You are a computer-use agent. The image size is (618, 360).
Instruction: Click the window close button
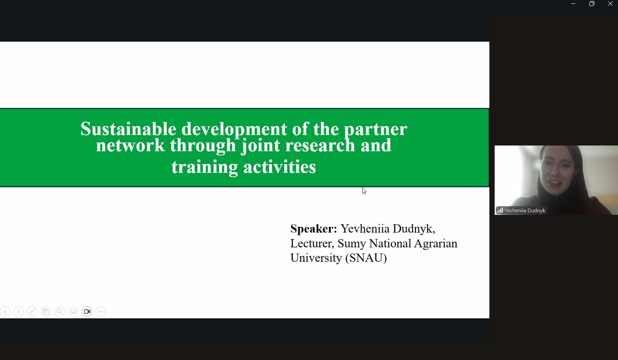pyautogui.click(x=610, y=4)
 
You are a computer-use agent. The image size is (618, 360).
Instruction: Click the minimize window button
pyautogui.click(x=573, y=4)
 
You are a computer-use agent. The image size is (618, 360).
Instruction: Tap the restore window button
pyautogui.click(x=592, y=4)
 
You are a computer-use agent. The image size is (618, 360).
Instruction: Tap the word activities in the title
pyautogui.click(x=280, y=167)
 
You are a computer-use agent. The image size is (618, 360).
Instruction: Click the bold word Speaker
pyautogui.click(x=313, y=229)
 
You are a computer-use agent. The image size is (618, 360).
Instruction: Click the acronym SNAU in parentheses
pyautogui.click(x=366, y=258)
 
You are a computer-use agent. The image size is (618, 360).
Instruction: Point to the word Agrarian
pyautogui.click(x=435, y=244)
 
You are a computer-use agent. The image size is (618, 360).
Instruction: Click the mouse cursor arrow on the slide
pyautogui.click(x=364, y=191)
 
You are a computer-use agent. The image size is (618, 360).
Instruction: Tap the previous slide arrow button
pyautogui.click(x=5, y=312)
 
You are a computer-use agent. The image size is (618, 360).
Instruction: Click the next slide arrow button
pyautogui.click(x=19, y=312)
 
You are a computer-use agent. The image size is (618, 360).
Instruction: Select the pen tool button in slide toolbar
pyautogui.click(x=32, y=312)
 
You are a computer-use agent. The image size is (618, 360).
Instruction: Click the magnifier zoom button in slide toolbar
pyautogui.click(x=60, y=312)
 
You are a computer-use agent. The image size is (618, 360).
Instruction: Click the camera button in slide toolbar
pyautogui.click(x=87, y=312)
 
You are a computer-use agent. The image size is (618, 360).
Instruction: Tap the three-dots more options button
pyautogui.click(x=101, y=312)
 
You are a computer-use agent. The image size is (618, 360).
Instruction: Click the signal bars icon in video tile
pyautogui.click(x=500, y=210)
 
